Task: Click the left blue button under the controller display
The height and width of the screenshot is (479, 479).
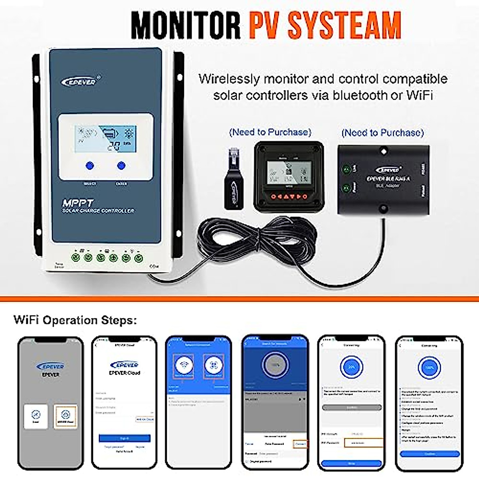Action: (90, 165)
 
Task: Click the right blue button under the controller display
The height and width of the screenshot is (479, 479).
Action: (121, 165)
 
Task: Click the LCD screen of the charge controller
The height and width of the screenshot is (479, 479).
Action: (105, 139)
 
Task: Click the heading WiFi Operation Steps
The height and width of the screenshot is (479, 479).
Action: (75, 320)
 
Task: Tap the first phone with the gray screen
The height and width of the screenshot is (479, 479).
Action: (50, 403)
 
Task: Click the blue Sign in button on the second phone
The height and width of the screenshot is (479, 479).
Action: (125, 438)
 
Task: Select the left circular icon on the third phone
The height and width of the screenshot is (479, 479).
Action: (184, 365)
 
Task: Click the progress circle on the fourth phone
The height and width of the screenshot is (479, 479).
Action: (275, 365)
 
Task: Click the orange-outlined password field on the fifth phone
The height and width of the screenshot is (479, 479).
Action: (363, 443)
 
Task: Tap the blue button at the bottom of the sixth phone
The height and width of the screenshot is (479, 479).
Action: (430, 454)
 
